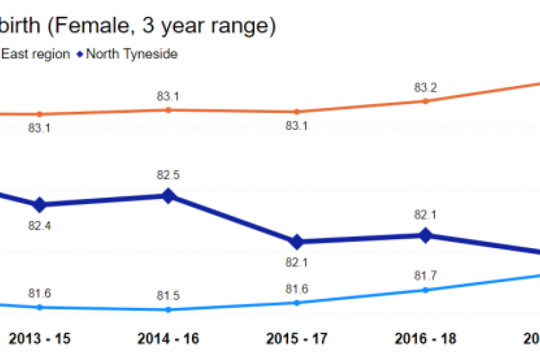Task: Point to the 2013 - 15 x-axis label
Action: tap(39, 338)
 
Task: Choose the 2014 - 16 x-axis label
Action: tap(168, 338)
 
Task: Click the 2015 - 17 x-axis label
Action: tap(297, 338)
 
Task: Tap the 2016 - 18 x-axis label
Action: tap(425, 338)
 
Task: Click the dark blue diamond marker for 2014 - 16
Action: tap(168, 196)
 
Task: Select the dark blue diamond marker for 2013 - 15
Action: tap(40, 205)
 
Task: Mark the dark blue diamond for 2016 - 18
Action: tap(425, 236)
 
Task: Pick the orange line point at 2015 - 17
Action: tap(297, 112)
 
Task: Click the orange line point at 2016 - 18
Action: tap(425, 101)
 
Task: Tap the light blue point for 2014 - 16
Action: tap(168, 309)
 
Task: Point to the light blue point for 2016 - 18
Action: tap(425, 290)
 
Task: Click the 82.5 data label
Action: tap(168, 175)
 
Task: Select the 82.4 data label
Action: tap(39, 226)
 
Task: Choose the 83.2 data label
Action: tap(425, 88)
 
